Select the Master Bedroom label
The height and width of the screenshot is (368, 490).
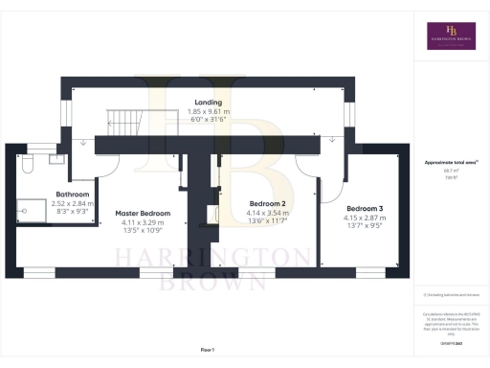pyautogui.click(x=143, y=213)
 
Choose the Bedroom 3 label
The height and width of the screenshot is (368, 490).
pyautogui.click(x=366, y=208)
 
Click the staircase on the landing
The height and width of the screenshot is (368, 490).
pyautogui.click(x=124, y=123)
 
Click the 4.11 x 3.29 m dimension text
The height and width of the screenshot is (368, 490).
pyautogui.click(x=143, y=221)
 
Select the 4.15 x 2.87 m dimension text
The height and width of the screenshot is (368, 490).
pyautogui.click(x=366, y=217)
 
